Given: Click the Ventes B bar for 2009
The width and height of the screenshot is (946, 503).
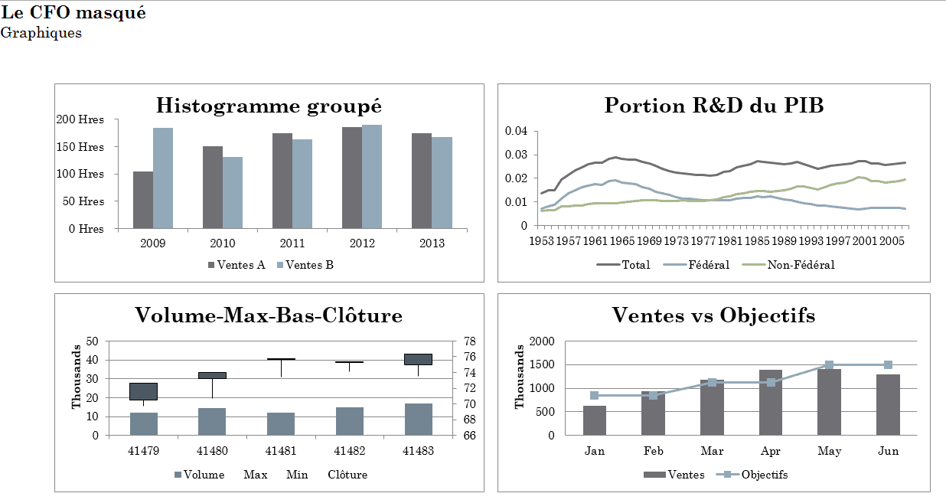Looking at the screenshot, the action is [x=163, y=178].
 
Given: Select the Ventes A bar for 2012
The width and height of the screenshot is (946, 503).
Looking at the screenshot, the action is [x=352, y=178].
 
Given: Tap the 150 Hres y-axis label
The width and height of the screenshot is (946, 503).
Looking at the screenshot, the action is [x=80, y=147].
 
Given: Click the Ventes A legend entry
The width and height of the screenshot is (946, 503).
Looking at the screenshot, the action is [x=236, y=265].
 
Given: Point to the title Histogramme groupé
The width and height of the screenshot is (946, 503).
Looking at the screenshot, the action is [x=269, y=106].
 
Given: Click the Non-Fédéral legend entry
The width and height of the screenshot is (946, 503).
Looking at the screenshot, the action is [x=788, y=265].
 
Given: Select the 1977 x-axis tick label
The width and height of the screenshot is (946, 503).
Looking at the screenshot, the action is [x=703, y=241].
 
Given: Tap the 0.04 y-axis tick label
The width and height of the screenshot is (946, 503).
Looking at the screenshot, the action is [x=516, y=131].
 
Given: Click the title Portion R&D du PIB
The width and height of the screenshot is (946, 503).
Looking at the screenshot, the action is [x=714, y=106].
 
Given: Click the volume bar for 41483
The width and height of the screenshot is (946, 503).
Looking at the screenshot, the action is [x=419, y=420].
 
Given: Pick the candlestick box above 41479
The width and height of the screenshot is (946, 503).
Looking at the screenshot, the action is [x=144, y=391].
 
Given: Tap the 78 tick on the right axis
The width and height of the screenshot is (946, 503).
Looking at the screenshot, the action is [x=470, y=341].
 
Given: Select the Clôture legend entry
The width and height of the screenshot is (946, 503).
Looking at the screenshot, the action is [x=347, y=475].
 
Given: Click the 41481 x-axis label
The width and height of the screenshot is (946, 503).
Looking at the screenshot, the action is [x=281, y=451].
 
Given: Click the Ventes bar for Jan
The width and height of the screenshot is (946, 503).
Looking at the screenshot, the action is [x=595, y=420].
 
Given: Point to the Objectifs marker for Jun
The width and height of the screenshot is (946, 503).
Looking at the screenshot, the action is [x=888, y=365].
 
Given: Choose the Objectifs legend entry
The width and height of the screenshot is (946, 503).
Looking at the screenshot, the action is [x=752, y=475].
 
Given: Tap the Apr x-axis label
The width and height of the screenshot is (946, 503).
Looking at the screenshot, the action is [x=771, y=452].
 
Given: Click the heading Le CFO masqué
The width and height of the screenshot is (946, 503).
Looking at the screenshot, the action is [x=73, y=13].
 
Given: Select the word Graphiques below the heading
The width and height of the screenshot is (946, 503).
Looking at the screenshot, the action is [x=41, y=34].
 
